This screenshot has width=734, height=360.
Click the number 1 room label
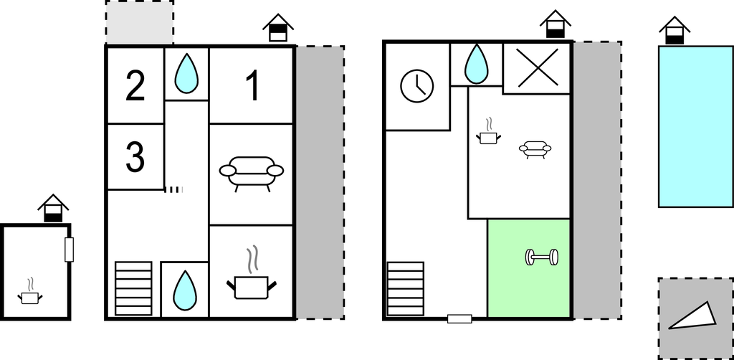point(252,86)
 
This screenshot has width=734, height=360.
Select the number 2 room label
point(135,86)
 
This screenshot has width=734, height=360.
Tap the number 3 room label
point(135,157)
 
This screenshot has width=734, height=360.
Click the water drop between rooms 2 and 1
point(186,74)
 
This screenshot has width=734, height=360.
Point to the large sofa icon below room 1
point(251,173)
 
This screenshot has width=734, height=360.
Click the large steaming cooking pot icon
point(252,280)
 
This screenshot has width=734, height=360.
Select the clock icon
point(416,85)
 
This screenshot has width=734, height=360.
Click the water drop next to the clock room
point(475,65)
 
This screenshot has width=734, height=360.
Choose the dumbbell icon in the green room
point(542,257)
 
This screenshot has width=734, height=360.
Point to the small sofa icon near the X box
point(535,149)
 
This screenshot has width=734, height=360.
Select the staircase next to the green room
point(406,288)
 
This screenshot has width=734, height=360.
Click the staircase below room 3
point(133,288)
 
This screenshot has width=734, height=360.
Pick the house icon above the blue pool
point(674,30)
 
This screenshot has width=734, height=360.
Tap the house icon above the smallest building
point(53,207)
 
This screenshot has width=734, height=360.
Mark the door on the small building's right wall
point(70,250)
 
